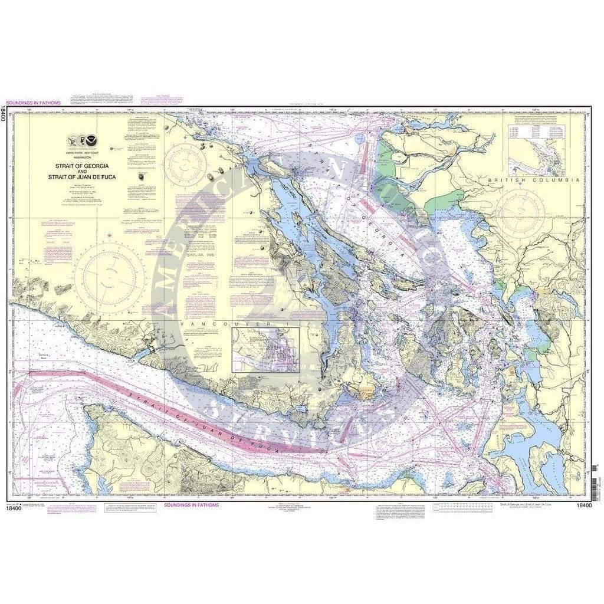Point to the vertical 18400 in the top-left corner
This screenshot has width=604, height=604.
pyautogui.click(x=5, y=113)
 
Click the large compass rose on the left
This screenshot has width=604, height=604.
pyautogui.click(x=110, y=277)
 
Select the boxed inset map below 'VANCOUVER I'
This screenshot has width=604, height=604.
pyautogui.click(x=266, y=349)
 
